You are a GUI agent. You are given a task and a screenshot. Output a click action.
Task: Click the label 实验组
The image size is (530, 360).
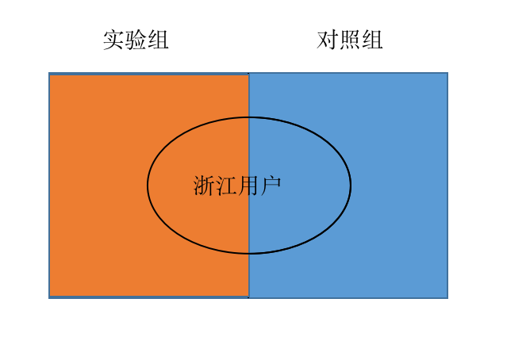coord(136,40)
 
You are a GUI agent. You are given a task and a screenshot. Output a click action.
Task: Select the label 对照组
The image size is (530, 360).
coord(350,40)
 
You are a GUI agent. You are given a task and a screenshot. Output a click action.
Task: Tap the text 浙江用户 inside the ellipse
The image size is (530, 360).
coord(238,186)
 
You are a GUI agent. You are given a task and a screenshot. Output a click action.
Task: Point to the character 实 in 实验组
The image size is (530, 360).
coord(113,40)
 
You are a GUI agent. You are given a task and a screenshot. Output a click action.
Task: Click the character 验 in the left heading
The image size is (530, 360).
coord(136,40)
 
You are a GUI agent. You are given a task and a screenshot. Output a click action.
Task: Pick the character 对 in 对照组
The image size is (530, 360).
coord(328,40)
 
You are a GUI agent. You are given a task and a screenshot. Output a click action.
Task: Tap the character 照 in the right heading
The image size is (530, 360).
coord(350,40)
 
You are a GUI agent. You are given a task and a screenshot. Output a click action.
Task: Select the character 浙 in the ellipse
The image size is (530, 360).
coord(205,186)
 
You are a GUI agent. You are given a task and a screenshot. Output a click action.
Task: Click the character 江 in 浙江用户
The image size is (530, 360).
coord(227,186)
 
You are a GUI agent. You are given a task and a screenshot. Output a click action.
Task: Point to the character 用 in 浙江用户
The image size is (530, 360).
coord(249,186)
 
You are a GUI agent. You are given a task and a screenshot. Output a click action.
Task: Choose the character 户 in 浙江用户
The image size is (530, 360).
coord(271,186)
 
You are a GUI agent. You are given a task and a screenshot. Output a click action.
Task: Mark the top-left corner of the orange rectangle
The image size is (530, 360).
coord(50,75)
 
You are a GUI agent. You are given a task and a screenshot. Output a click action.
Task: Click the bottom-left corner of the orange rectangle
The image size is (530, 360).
coord(50,297)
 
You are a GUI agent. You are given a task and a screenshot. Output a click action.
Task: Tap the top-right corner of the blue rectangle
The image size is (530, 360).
coord(447,74)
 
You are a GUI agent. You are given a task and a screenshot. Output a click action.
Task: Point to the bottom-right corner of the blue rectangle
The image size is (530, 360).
coord(447,297)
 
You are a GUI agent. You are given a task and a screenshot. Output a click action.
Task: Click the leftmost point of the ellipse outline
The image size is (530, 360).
coord(148,186)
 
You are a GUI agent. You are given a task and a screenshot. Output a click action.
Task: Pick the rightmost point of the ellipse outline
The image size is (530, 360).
coord(351,186)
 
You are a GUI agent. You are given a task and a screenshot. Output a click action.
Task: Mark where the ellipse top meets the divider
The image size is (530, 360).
coord(249,117)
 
